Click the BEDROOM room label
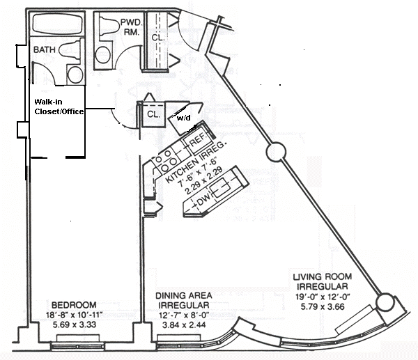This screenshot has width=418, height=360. (73, 304)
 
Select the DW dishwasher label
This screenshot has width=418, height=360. (202, 203)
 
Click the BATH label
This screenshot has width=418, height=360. (45, 50)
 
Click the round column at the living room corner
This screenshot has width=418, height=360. (384, 302)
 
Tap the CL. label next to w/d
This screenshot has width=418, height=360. (153, 114)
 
